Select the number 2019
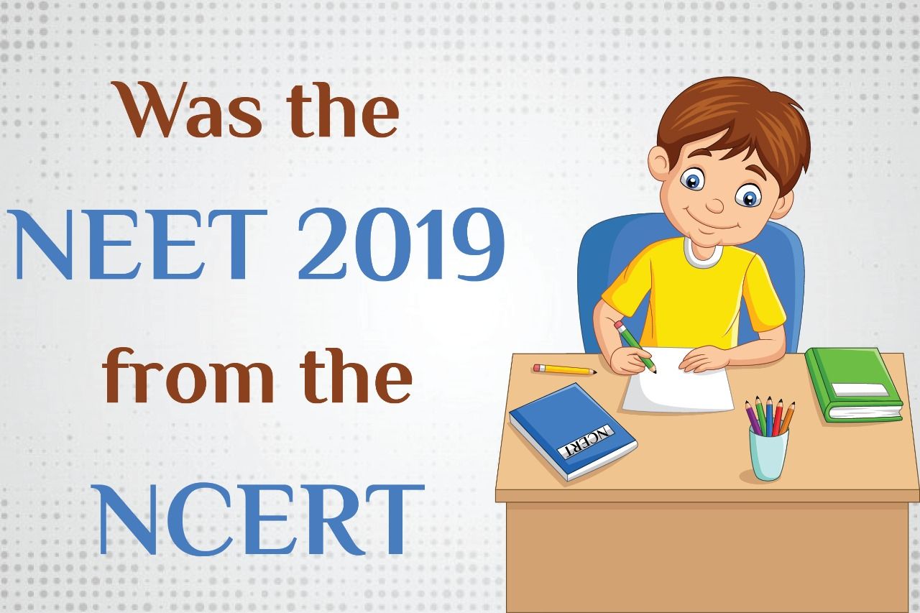tap(401, 245)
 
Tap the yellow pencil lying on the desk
tap(564, 369)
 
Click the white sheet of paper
tap(678, 379)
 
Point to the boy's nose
tap(715, 205)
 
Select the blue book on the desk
tap(573, 431)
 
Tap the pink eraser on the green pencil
tap(619, 325)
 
